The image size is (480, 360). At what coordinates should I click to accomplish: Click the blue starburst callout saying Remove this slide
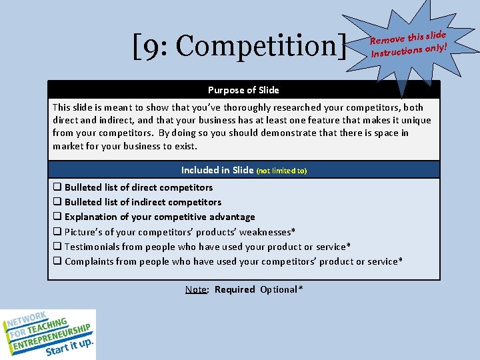(x=408, y=41)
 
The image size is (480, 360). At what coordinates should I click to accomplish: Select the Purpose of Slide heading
(x=243, y=90)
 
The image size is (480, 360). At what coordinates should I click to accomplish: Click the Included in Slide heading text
(x=217, y=170)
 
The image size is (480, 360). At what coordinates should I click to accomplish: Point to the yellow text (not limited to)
(x=281, y=171)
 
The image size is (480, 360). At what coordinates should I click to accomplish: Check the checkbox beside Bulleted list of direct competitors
(x=57, y=187)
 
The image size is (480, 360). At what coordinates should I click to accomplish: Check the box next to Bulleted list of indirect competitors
(x=57, y=202)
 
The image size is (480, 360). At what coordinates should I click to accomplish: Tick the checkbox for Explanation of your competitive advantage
(x=57, y=217)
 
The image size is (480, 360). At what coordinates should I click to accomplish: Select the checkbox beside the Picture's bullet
(x=57, y=231)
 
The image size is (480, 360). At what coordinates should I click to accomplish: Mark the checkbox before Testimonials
(x=57, y=247)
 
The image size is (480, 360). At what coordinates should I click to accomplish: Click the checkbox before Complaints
(x=57, y=261)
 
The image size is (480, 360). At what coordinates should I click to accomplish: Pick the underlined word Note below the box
(x=195, y=289)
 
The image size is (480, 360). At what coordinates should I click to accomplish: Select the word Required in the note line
(x=235, y=289)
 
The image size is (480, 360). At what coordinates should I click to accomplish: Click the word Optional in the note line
(x=280, y=289)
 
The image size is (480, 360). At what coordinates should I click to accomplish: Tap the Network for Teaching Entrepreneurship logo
(x=48, y=334)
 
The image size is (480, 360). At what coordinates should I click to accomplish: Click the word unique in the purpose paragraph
(x=416, y=121)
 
